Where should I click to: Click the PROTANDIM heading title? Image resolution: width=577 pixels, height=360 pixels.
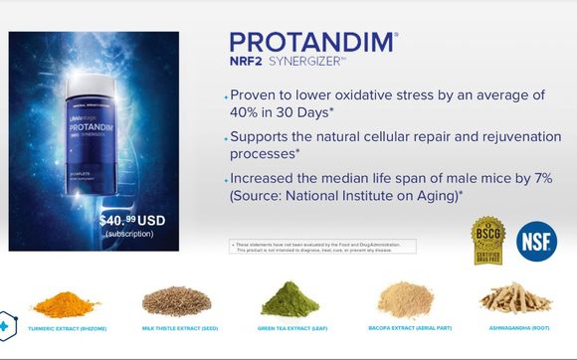point(311,43)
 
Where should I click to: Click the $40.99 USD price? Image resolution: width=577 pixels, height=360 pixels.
point(134,220)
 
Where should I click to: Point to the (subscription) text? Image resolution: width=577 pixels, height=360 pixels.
point(129,234)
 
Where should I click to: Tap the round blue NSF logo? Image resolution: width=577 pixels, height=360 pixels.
point(536,242)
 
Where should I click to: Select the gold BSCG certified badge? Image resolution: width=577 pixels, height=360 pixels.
point(487,242)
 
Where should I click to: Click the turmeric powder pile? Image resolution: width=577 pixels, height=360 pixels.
point(66,299)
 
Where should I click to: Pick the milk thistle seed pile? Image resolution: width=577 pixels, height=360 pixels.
point(176,299)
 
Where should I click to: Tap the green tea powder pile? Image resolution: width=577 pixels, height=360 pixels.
point(289,298)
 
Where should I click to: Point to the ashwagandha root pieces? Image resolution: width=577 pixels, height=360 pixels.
point(514,297)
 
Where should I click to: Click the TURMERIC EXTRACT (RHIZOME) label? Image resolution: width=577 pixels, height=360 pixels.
point(68,328)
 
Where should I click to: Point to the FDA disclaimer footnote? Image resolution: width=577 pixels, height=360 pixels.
point(322,247)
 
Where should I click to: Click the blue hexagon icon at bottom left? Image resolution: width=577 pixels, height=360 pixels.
point(8,325)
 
